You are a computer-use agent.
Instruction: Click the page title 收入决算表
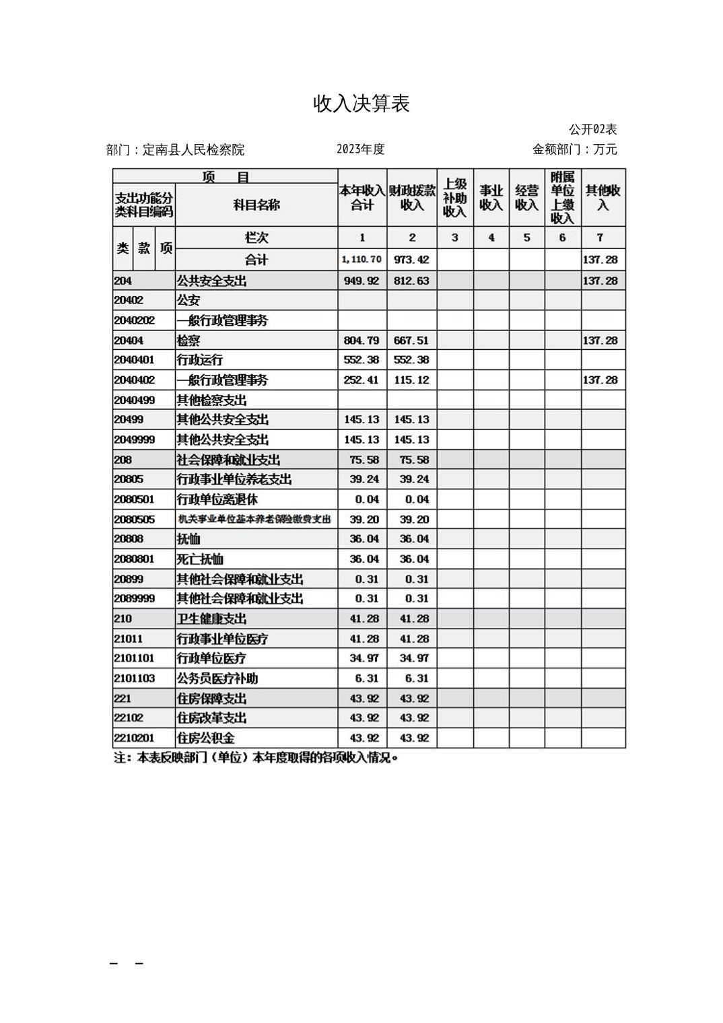(361, 104)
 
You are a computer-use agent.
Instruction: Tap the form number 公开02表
(592, 129)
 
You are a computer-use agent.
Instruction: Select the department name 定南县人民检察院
(193, 149)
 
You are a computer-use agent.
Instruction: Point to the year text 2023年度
(361, 149)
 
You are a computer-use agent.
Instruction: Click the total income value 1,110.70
(361, 259)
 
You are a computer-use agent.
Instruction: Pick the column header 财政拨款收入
(412, 198)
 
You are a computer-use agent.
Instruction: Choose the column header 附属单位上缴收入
(562, 198)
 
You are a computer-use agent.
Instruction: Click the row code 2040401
(134, 360)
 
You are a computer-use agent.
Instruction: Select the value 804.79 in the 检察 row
(361, 341)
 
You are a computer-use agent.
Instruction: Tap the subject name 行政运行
(200, 360)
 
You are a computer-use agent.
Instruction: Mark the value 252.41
(361, 380)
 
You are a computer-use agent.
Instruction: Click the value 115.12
(411, 380)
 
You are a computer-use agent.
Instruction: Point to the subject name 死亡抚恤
(200, 559)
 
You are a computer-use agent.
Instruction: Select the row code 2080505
(134, 520)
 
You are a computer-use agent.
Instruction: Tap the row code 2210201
(134, 738)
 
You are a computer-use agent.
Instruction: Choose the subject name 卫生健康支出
(211, 619)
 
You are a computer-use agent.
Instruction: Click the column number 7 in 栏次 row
(600, 238)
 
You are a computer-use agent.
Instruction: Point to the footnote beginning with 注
(256, 759)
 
